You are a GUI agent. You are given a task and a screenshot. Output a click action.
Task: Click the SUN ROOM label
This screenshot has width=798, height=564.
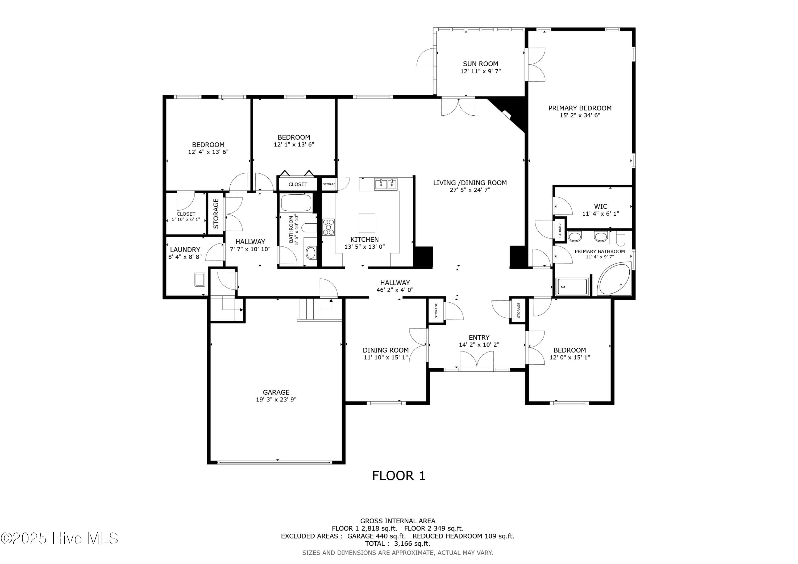(480, 64)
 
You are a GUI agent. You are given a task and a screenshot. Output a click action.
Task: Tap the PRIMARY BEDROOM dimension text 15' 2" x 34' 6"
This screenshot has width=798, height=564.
(580, 115)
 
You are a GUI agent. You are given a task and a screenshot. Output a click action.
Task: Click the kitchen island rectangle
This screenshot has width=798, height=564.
(367, 222)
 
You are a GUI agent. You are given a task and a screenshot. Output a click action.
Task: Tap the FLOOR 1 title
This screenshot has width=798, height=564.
(399, 476)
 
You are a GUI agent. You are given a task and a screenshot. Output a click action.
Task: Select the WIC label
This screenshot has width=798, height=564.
(601, 206)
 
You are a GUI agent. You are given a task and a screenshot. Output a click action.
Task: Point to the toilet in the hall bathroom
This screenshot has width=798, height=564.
(309, 228)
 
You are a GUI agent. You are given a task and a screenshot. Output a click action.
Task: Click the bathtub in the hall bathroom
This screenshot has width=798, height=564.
(296, 203)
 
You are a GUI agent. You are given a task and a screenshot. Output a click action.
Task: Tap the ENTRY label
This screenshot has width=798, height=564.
(479, 337)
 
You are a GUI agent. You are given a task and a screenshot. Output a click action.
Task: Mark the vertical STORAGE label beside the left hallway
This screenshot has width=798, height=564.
(216, 213)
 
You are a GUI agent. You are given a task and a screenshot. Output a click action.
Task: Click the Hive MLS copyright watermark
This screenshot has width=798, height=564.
(59, 538)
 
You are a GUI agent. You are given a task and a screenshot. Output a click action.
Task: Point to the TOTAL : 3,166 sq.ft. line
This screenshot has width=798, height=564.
(398, 544)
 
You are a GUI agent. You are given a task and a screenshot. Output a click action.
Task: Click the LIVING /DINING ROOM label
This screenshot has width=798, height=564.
(470, 183)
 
